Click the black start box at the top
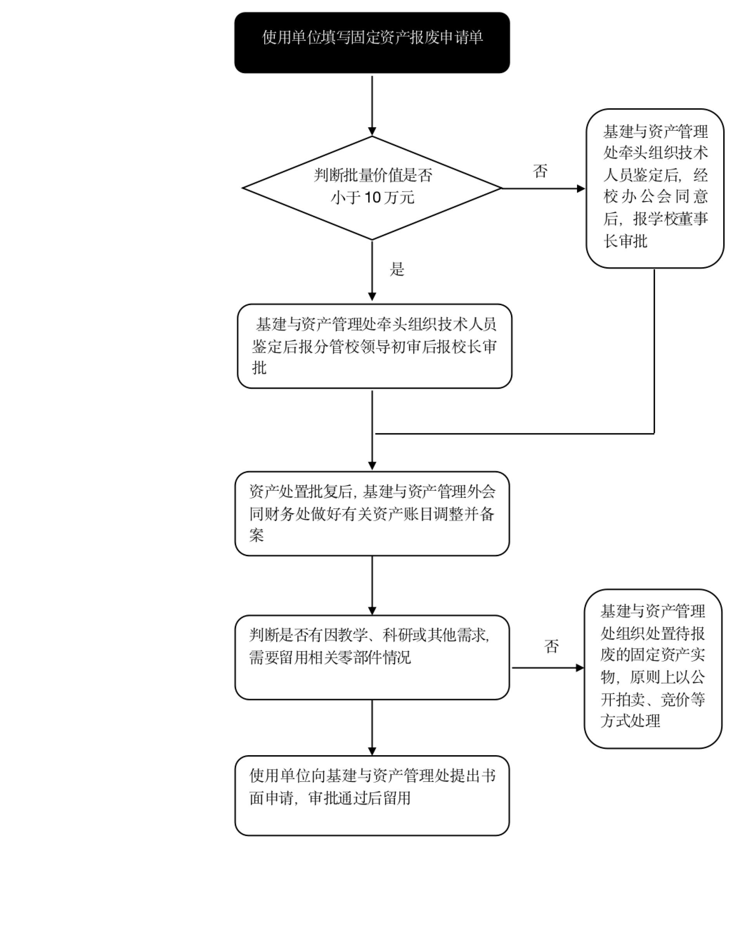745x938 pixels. [x=372, y=43]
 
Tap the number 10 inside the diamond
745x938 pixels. [x=373, y=198]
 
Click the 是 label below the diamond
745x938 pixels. [x=397, y=269]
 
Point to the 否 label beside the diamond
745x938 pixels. [x=540, y=171]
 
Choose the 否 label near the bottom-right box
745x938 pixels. [x=551, y=646]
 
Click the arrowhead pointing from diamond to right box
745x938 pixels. [x=580, y=188]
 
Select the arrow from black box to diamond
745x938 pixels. [x=372, y=104]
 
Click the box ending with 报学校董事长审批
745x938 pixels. [x=655, y=188]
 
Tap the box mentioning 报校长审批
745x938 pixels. [x=374, y=346]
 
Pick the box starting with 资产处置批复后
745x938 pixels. [x=372, y=513]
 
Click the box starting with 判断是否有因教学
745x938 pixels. [x=372, y=657]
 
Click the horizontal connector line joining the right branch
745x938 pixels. [x=513, y=433]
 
